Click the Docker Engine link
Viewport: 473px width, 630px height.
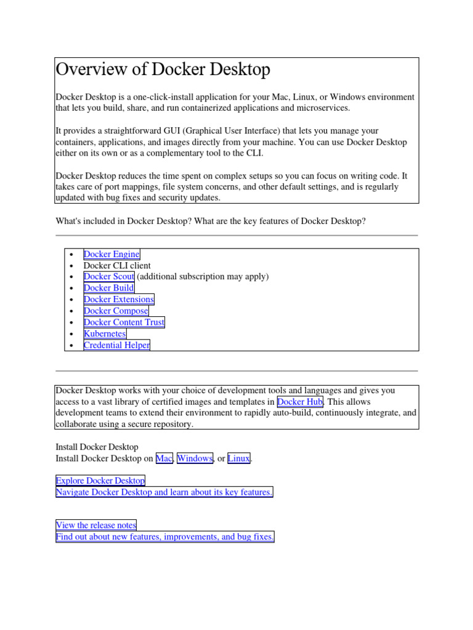[111, 254]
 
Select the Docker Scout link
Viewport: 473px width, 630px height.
[108, 277]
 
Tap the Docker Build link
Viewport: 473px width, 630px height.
[108, 288]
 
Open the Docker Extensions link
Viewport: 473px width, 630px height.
[119, 300]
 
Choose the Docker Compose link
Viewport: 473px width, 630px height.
[116, 311]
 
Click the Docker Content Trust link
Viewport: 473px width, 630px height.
[124, 322]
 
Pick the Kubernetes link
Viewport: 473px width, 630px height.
[105, 334]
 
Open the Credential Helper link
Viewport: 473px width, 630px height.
[116, 346]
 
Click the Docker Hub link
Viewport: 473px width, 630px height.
[300, 402]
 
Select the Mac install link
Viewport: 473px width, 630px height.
[164, 458]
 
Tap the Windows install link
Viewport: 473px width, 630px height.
[195, 458]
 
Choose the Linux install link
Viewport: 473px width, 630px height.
[239, 458]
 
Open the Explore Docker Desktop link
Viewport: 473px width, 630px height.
[100, 480]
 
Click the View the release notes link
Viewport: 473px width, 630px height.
[95, 525]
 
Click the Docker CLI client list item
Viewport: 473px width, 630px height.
[117, 266]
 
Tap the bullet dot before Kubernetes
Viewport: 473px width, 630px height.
[72, 334]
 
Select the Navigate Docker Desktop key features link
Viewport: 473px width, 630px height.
[164, 492]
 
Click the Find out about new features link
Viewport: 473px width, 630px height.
[164, 537]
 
